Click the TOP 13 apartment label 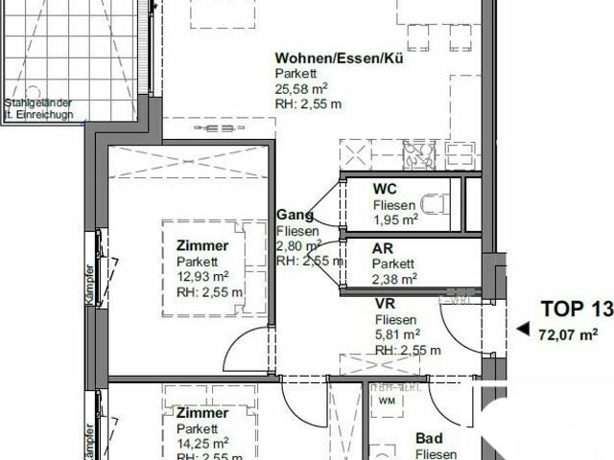point(576,309)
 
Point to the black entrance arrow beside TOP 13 point(523,328)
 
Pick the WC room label point(384,189)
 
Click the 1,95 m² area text point(395,219)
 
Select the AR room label point(383,247)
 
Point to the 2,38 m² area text point(394,279)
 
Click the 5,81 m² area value point(396,334)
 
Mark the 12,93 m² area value point(202,277)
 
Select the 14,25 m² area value point(201,443)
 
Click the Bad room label point(428,440)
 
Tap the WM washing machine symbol point(387,401)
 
